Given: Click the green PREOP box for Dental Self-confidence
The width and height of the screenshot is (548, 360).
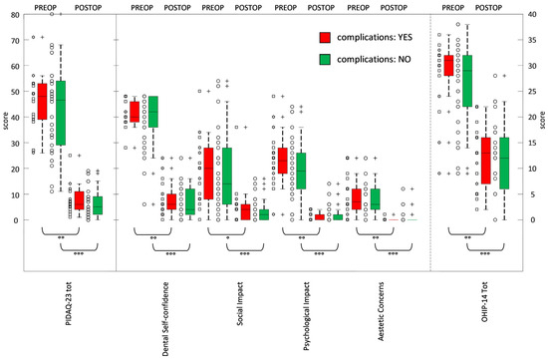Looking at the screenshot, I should click(x=152, y=112).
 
